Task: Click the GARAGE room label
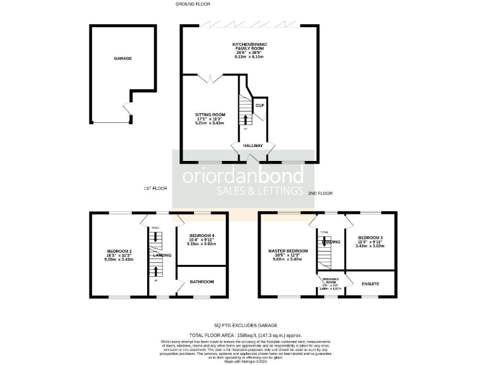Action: (122, 58)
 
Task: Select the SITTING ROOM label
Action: (210, 115)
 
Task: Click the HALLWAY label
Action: (252, 146)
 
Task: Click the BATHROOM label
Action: (202, 281)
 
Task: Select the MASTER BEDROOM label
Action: (288, 251)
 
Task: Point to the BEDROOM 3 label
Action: (370, 237)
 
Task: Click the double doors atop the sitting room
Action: (211, 79)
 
